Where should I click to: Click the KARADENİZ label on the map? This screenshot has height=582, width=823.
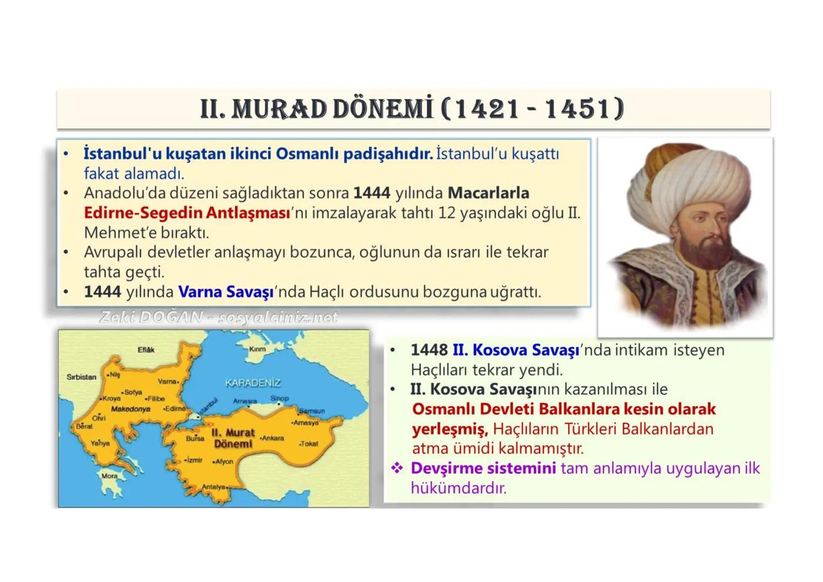coord(253,383)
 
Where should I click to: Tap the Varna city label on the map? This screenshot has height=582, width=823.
coord(168,382)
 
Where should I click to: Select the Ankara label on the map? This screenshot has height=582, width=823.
coord(273,438)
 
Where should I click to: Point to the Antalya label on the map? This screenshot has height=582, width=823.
coord(213,487)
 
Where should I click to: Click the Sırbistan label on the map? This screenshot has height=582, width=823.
coord(81,377)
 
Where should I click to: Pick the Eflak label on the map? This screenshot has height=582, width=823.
coord(146,350)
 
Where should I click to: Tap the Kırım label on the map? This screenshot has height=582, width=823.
coord(258,349)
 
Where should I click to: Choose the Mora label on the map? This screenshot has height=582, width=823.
coord(109,476)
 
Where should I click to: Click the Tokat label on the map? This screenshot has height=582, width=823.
coord(309,444)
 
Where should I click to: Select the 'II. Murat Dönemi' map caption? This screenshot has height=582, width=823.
coord(233,438)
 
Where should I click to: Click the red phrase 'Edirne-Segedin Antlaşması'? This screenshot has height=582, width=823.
coord(187,213)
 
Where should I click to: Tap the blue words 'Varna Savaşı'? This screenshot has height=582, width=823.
coord(226,292)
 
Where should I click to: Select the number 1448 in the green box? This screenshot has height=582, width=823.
coord(429,350)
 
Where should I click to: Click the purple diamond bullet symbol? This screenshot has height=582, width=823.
coord(397,468)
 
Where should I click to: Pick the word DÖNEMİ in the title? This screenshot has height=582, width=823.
coord(383,109)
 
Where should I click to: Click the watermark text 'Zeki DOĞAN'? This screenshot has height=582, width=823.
coord(151,317)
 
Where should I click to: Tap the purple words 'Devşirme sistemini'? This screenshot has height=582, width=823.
coord(483,468)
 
